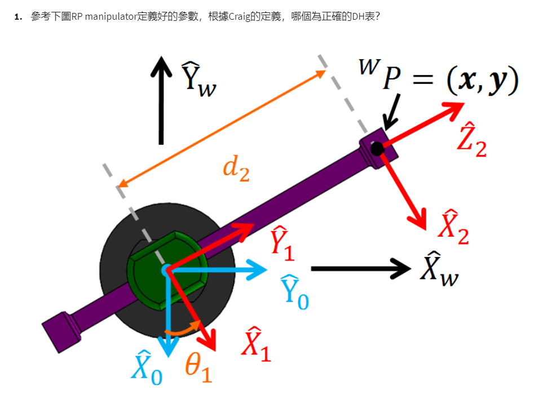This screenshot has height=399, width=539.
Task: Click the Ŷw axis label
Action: [x=197, y=79]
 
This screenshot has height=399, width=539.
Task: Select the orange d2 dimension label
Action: [x=236, y=169]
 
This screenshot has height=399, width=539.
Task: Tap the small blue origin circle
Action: [x=166, y=271]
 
